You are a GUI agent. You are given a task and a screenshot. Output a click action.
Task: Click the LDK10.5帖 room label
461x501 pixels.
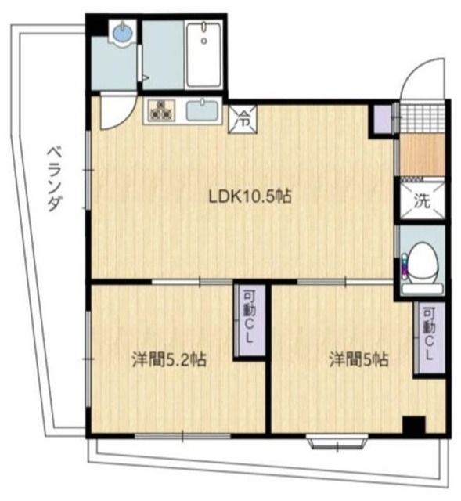tap(249, 196)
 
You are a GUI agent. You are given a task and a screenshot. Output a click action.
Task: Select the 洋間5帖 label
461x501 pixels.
tap(358, 360)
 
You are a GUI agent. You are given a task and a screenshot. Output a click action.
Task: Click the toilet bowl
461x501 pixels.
tap(423, 261)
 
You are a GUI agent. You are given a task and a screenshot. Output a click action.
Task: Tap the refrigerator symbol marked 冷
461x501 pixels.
tap(243, 121)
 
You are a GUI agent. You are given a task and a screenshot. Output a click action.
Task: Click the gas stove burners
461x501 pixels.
tap(163, 111)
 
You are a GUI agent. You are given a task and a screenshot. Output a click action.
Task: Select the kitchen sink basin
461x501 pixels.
tap(203, 110)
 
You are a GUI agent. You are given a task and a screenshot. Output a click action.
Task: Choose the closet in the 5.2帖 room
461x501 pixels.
tap(250, 322)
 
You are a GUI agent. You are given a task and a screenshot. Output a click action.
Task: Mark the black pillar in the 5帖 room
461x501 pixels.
tap(413, 426)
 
